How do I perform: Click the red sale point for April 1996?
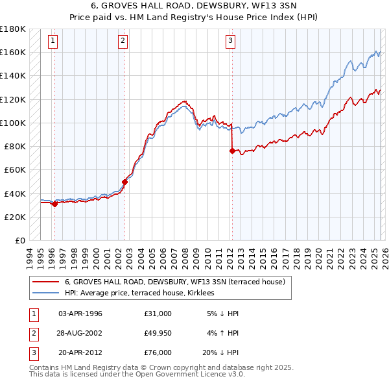[54, 204]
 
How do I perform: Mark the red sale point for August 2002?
[125, 182]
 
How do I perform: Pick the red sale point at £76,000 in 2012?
[232, 151]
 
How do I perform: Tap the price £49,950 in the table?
[158, 334]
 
